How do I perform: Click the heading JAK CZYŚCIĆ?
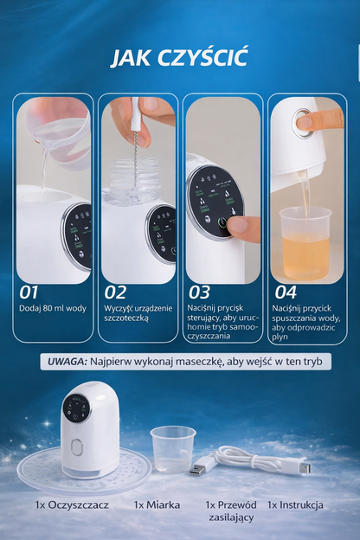click(x=180, y=57)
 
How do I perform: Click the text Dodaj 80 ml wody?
click(x=53, y=308)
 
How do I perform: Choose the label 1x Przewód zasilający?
click(x=231, y=511)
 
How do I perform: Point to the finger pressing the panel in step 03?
click(x=246, y=227)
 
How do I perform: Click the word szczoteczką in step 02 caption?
click(x=126, y=318)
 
